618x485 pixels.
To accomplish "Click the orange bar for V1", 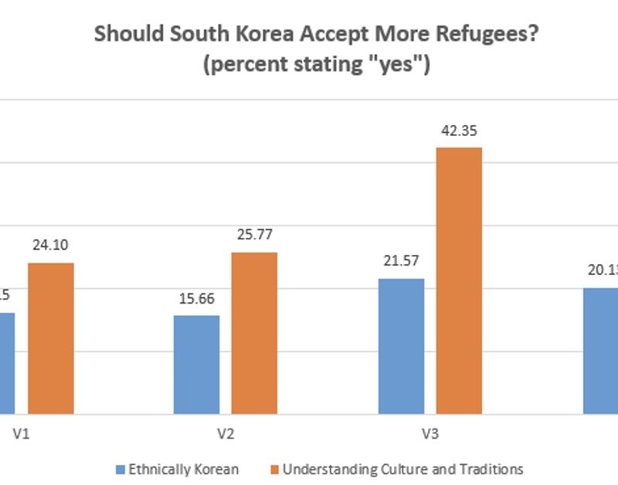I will click(x=51, y=338).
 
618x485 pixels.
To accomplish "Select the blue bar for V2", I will click(x=196, y=365).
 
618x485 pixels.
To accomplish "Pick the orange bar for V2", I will click(x=254, y=333).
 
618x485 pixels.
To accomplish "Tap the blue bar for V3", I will click(x=402, y=346).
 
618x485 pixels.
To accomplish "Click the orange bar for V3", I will click(x=459, y=280).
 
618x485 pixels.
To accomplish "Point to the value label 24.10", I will click(x=50, y=246).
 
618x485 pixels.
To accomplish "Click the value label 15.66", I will click(x=196, y=299).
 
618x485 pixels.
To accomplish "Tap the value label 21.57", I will click(x=401, y=262).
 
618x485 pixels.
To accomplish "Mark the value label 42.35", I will click(x=459, y=131).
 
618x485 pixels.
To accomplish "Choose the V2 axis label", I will click(x=225, y=433).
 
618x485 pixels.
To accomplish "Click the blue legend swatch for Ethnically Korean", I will click(x=120, y=469).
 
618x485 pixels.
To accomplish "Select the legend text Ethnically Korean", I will click(x=183, y=469).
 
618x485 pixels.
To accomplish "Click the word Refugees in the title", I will click(x=402, y=35).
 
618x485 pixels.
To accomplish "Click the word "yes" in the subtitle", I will click(x=398, y=65).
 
